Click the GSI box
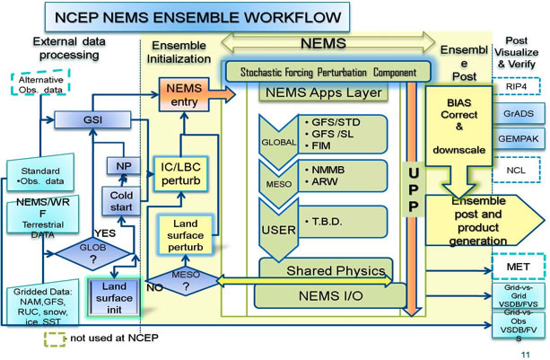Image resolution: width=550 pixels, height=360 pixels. tap(90, 119)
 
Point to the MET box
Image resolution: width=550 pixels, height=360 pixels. tap(516, 267)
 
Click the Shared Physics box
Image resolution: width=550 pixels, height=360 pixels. tap(327, 268)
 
